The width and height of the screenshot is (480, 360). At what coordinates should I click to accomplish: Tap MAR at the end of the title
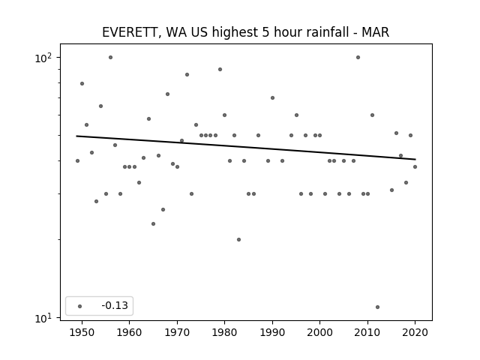375,32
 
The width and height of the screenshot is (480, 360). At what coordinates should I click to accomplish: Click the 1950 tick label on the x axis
82,332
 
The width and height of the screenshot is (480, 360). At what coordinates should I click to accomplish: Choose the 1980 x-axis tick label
224,332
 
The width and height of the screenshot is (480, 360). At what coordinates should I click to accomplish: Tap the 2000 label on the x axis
319,332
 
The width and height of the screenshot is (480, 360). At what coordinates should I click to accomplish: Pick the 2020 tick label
415,332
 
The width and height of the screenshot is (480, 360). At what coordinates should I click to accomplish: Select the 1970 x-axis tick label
177,332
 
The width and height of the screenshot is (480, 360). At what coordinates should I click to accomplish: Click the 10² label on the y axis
43,58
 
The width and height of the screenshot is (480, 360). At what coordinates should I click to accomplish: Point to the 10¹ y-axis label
43,318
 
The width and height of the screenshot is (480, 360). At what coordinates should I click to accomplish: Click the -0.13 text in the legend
115,305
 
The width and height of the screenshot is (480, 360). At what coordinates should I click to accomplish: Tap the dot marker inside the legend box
80,306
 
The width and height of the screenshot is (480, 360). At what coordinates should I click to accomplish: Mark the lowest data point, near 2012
377,307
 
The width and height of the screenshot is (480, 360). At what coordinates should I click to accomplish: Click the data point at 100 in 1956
110,58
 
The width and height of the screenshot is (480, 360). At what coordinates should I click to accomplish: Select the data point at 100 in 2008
358,58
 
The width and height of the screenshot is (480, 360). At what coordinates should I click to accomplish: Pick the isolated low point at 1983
238,240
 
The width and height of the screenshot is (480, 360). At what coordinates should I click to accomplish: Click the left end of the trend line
76,136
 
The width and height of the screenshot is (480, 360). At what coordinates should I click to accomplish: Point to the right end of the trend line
415,159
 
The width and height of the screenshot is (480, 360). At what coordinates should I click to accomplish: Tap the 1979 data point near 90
220,70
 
